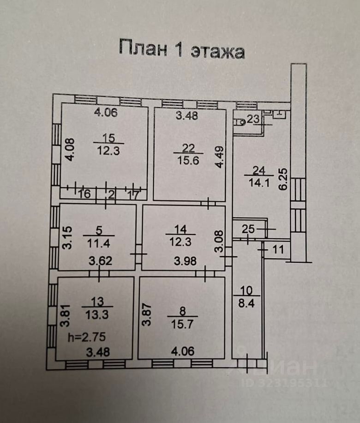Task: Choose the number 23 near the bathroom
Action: [x=253, y=119]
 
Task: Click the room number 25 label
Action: [x=248, y=229]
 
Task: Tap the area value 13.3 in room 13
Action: [x=97, y=315]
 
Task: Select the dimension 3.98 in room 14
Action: [x=185, y=261]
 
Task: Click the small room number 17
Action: [x=132, y=195]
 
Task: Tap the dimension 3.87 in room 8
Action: [x=146, y=314]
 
